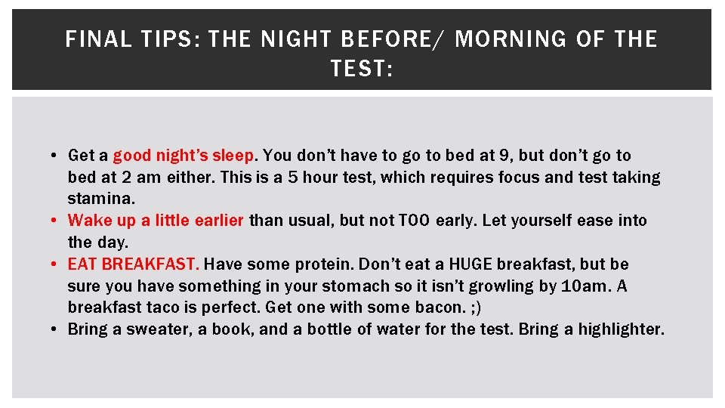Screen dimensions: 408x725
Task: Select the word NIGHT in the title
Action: pyautogui.click(x=295, y=40)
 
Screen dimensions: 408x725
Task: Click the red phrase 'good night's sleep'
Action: pyautogui.click(x=184, y=156)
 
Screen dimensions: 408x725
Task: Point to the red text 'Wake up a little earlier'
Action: pyautogui.click(x=156, y=221)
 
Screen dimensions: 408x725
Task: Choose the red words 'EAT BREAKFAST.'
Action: pyautogui.click(x=134, y=264)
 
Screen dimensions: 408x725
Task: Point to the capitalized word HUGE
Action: pyautogui.click(x=470, y=264)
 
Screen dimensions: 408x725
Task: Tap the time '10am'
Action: pyautogui.click(x=584, y=286)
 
